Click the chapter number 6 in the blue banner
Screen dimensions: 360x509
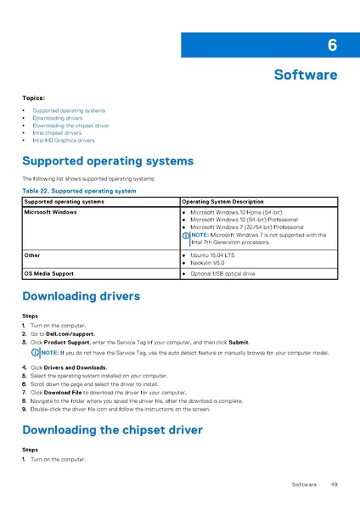pos(331,45)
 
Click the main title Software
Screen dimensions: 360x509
pos(305,75)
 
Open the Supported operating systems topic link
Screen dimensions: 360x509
pos(69,110)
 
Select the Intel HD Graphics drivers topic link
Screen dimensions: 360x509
pos(64,140)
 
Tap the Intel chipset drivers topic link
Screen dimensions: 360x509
pos(57,132)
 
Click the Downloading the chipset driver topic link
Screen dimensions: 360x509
pos(70,126)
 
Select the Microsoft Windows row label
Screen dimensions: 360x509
pos(50,211)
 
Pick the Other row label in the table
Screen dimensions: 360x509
pos(31,255)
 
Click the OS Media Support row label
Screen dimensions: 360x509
pos(48,274)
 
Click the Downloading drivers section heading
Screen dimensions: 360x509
pos(81,297)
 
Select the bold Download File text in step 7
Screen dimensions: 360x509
pos(62,393)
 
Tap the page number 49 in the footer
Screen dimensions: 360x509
pos(335,484)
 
